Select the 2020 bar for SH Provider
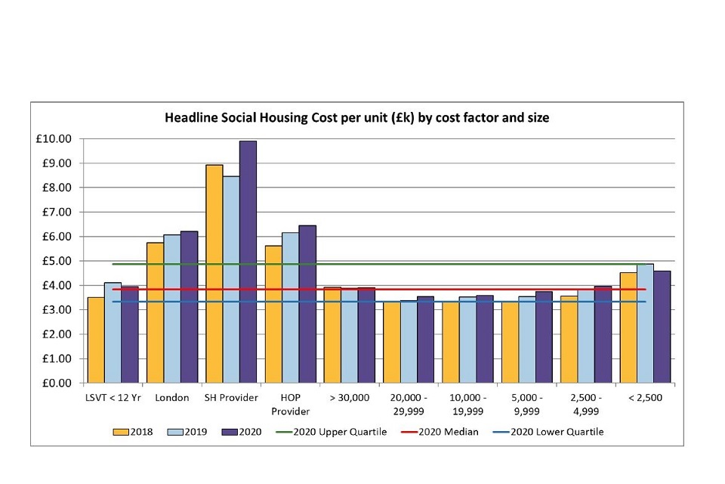(248, 262)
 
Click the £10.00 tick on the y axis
(58, 139)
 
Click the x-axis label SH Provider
(231, 398)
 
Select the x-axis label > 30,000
(349, 398)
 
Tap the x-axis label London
(172, 398)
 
